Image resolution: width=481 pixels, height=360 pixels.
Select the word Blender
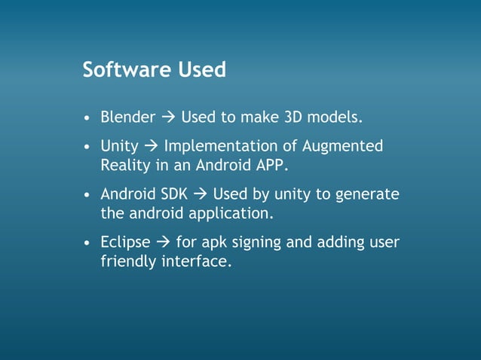[x=128, y=117]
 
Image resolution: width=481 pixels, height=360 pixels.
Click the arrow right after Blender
[x=168, y=117]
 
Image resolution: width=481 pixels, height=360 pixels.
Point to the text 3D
[x=292, y=117]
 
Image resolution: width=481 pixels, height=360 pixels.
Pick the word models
[x=335, y=117]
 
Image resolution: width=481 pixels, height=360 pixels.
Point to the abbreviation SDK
[x=171, y=194]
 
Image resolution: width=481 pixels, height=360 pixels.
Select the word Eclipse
[x=126, y=243]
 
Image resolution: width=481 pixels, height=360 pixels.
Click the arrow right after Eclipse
[x=163, y=243]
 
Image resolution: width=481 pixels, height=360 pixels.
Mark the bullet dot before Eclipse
[x=88, y=243]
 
